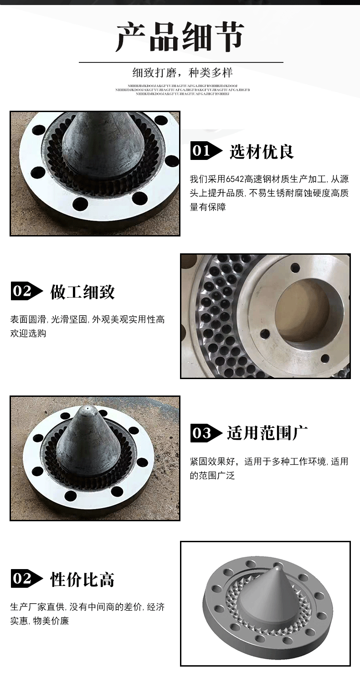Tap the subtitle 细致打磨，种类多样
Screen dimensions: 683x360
[182, 73]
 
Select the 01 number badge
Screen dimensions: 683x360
[201, 151]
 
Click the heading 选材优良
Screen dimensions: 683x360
[262, 151]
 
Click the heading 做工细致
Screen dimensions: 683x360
[82, 292]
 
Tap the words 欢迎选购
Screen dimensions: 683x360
[28, 334]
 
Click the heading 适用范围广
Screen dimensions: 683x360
[267, 432]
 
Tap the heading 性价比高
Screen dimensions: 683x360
[82, 580]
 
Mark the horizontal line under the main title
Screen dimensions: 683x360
[181, 62]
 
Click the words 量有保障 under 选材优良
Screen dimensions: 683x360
[208, 207]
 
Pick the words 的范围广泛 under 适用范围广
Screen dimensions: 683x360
[212, 476]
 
